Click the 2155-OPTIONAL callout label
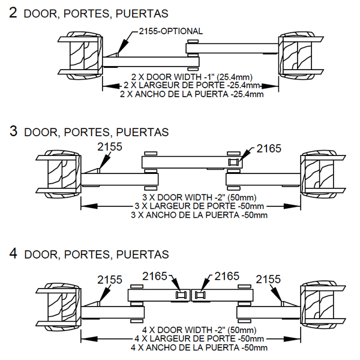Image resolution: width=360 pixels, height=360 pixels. [x=170, y=31]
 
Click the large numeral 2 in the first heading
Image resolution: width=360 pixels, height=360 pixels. [x=13, y=13]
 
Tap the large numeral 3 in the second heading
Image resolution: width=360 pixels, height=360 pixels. [x=13, y=131]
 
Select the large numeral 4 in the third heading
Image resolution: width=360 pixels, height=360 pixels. [x=13, y=253]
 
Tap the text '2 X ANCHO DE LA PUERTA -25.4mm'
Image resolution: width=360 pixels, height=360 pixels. [x=191, y=94]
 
